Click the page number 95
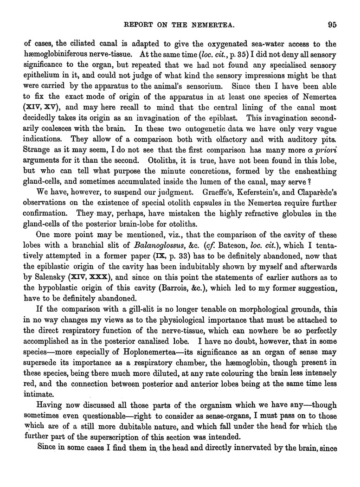(330, 25)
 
